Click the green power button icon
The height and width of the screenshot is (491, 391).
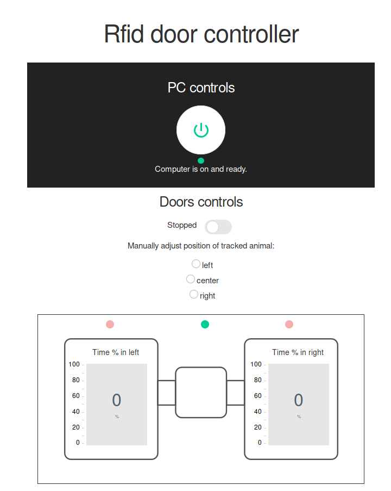(201, 130)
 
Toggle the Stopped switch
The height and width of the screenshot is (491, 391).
(218, 227)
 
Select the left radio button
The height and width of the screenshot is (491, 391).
(196, 264)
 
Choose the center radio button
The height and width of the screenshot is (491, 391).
(191, 279)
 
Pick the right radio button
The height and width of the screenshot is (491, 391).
(194, 294)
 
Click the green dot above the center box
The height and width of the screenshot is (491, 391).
(205, 325)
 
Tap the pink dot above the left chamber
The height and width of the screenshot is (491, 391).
(110, 325)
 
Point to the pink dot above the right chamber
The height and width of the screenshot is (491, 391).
(289, 325)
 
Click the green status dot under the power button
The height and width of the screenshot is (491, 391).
(201, 160)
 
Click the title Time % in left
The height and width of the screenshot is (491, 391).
(116, 352)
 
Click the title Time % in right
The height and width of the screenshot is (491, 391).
(298, 352)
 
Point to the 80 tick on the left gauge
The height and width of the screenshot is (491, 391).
(75, 380)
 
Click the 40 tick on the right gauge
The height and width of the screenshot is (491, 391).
(258, 412)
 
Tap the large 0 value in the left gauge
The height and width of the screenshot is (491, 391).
(117, 400)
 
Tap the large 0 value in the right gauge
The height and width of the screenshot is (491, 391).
(299, 400)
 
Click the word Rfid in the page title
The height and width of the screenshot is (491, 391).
(124, 34)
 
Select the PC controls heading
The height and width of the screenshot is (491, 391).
(201, 88)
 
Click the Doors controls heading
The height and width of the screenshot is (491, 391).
(201, 202)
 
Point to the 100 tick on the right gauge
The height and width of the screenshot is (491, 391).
(256, 364)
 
